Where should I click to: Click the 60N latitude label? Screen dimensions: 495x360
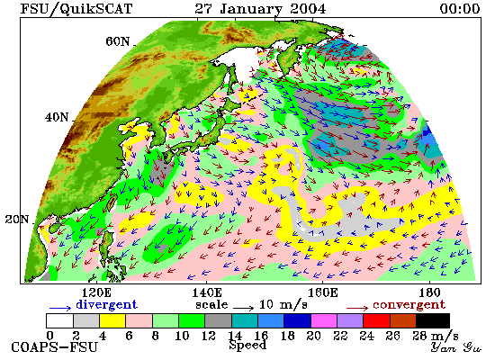click(x=117, y=41)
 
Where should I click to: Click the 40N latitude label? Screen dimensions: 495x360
click(x=57, y=117)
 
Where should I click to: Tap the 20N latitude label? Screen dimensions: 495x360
click(x=17, y=220)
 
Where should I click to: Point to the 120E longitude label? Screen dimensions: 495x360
click(x=96, y=292)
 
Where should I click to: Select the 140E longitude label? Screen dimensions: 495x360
click(x=207, y=292)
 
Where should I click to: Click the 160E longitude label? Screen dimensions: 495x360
click(x=322, y=292)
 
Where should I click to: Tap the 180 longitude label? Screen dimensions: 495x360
click(x=429, y=292)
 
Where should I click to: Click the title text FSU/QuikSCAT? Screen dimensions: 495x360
click(x=76, y=9)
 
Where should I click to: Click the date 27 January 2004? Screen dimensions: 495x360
click(x=260, y=9)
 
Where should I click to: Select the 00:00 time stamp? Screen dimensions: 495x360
click(x=460, y=9)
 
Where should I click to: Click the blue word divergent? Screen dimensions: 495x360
click(x=106, y=304)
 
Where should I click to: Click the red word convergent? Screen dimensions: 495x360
click(x=409, y=304)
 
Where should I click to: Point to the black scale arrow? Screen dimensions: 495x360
click(x=244, y=307)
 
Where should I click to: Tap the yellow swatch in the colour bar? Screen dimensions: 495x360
click(x=112, y=320)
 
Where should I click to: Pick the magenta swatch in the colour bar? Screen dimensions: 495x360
click(x=324, y=320)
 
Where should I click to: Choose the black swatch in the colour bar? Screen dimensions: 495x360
click(x=433, y=320)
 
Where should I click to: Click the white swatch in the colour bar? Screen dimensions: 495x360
click(x=59, y=320)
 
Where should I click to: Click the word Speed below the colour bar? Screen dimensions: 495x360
click(x=247, y=345)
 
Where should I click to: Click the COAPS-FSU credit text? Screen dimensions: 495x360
click(x=55, y=347)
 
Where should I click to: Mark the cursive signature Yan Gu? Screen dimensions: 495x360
click(x=456, y=347)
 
